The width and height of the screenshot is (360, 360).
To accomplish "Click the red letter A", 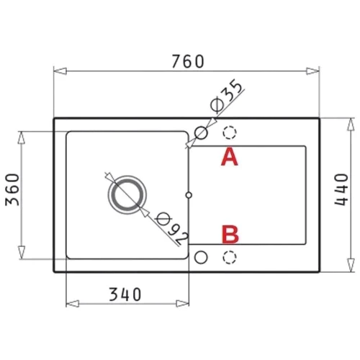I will [229, 157].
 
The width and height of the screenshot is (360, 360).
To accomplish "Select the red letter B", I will [230, 234].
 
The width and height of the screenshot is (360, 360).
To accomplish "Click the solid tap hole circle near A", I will [202, 132].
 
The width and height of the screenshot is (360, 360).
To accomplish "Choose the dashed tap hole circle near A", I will [230, 132].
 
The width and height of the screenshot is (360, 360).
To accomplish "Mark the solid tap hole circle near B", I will [202, 257].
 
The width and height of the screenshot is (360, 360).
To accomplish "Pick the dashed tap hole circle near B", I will [230, 257].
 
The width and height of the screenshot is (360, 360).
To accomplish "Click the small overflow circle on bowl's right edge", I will [189, 194].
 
